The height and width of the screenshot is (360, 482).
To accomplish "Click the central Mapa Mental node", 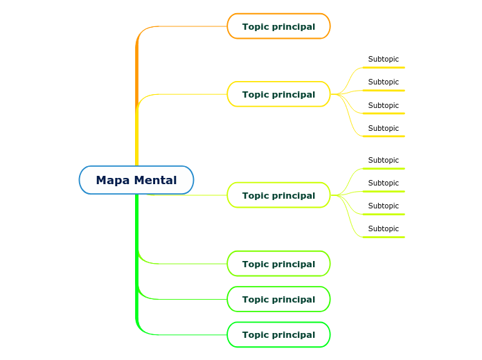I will click(136, 180).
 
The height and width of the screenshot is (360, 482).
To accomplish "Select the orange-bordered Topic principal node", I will click(278, 26).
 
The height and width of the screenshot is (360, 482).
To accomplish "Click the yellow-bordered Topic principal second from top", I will click(278, 94).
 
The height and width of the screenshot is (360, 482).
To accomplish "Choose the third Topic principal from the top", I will click(278, 195).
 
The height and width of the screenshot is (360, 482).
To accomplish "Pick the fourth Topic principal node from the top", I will click(278, 264).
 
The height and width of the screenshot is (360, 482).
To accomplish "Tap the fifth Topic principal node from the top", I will click(278, 299).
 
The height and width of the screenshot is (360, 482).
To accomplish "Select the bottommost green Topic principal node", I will click(278, 334).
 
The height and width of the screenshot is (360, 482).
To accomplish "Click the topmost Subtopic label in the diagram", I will click(383, 60).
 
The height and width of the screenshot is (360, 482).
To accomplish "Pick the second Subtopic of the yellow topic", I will click(383, 82).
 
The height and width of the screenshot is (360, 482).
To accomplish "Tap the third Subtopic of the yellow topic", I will click(383, 105).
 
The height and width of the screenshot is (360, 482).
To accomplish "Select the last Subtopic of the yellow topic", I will click(383, 128).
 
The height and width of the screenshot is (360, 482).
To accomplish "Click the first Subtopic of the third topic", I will click(383, 160).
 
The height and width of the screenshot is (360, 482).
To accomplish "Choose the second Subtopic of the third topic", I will click(383, 183).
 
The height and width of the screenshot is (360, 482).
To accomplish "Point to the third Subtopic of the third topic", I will click(383, 206).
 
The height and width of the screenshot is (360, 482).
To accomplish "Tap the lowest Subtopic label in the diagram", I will click(383, 228).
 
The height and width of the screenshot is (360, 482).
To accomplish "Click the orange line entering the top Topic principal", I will click(194, 26).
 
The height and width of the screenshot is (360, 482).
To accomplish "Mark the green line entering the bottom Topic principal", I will click(194, 334).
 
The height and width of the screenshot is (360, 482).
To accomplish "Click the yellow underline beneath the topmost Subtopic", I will click(384, 67).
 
